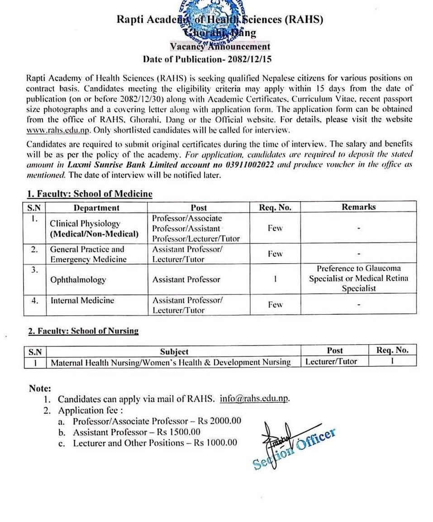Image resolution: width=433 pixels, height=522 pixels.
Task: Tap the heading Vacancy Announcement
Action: pos(220,47)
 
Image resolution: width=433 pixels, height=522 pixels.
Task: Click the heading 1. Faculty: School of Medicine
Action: pos(90,194)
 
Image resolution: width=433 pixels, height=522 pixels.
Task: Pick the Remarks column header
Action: pos(358,207)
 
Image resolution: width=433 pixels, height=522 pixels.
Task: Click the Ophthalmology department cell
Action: pos(78,280)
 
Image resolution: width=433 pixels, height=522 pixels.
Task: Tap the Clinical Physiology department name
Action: pos(85,223)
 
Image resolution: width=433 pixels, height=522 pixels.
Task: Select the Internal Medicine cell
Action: pos(82,300)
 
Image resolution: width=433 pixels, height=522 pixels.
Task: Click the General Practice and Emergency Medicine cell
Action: pos(88,254)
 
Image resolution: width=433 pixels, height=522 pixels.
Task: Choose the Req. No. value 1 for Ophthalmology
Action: pos(275,279)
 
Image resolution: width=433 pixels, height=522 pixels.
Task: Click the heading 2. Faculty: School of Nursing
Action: pos(83,331)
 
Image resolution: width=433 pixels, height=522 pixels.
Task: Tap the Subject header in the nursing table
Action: pos(174,351)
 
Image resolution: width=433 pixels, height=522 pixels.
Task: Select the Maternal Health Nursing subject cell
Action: pos(171,362)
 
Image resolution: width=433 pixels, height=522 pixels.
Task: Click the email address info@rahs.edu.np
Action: pos(254,399)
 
